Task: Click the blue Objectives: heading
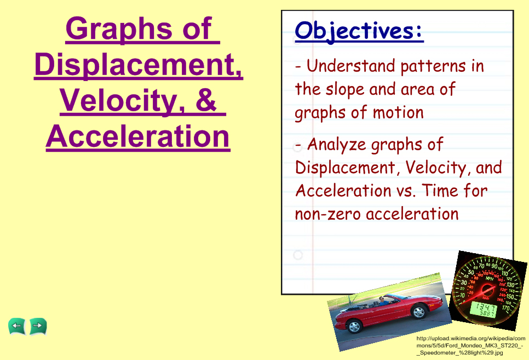tap(359, 31)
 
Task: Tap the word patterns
tap(433, 66)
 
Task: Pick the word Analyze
tap(336, 145)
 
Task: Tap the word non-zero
tap(327, 214)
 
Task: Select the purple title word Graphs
tap(119, 30)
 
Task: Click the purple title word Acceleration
tap(138, 136)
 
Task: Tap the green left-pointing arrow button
tap(16, 327)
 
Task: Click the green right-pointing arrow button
tap(38, 326)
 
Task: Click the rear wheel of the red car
tap(354, 326)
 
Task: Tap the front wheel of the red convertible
tap(418, 311)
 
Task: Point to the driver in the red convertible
tap(382, 301)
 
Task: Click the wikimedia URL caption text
tap(470, 345)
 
